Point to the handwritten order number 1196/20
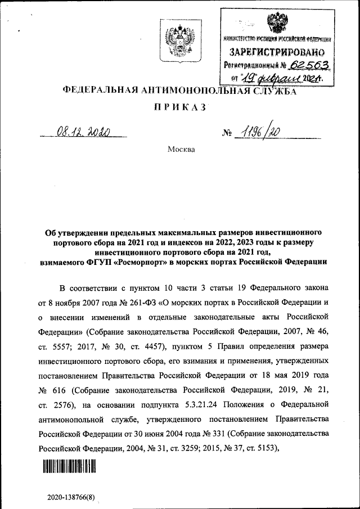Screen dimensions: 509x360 (x=259, y=133)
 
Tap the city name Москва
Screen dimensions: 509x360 (x=180, y=150)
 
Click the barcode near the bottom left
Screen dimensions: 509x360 (x=68, y=466)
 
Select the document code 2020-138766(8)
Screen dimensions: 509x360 (x=71, y=498)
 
